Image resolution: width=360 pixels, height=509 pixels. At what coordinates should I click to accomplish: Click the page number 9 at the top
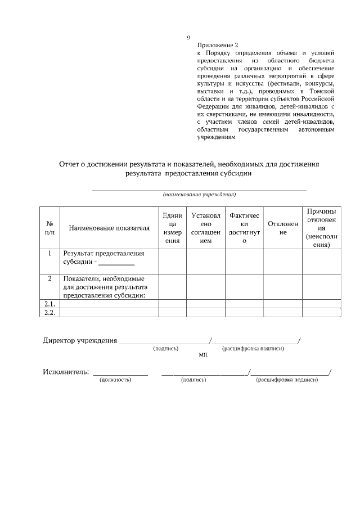pyautogui.click(x=188, y=38)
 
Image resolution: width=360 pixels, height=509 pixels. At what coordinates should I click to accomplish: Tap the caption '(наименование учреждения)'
pyautogui.click(x=199, y=195)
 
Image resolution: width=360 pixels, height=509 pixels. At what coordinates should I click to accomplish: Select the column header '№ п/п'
pyautogui.click(x=49, y=228)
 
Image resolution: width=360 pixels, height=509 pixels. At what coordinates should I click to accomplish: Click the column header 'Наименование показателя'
pyautogui.click(x=109, y=228)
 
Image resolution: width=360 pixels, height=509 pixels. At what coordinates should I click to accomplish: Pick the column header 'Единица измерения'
pyautogui.click(x=172, y=228)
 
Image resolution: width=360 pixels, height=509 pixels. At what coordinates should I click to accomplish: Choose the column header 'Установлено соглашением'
pyautogui.click(x=205, y=228)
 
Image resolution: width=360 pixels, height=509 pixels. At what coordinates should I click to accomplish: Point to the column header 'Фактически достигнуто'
pyautogui.click(x=244, y=228)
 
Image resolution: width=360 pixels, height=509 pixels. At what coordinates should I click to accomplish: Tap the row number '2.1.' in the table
pyautogui.click(x=49, y=304)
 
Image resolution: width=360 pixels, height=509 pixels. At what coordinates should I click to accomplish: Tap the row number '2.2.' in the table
pyautogui.click(x=49, y=313)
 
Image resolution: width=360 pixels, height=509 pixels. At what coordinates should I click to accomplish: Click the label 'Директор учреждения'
pyautogui.click(x=80, y=341)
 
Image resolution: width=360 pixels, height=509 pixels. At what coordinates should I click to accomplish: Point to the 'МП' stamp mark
pyautogui.click(x=203, y=355)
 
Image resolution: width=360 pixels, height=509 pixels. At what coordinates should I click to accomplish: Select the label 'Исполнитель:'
pyautogui.click(x=66, y=372)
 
